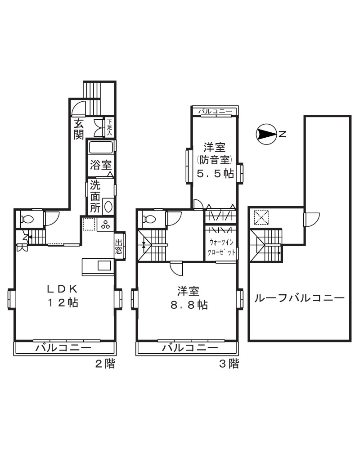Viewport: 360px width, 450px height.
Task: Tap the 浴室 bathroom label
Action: pos(100,165)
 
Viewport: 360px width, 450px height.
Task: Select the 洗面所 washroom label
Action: pos(94,196)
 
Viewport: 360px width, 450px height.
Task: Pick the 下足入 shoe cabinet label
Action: pos(109,127)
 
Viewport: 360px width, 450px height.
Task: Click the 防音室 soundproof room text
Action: pos(214,159)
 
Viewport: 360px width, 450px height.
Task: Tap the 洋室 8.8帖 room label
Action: pos(189,297)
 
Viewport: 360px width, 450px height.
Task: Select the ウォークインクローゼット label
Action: pos(221,247)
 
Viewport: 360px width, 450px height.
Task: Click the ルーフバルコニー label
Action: pos(299,298)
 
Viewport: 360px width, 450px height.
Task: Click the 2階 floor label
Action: pos(105,364)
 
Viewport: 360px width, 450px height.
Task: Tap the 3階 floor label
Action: pos(229,364)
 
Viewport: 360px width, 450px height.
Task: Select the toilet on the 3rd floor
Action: pos(149,220)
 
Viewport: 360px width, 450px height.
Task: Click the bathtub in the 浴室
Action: pos(101,148)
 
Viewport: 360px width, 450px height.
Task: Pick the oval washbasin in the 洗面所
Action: pos(108,207)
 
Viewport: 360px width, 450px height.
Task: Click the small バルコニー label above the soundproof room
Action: pos(215,111)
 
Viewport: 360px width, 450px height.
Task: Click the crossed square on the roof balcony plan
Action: pos(260,218)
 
